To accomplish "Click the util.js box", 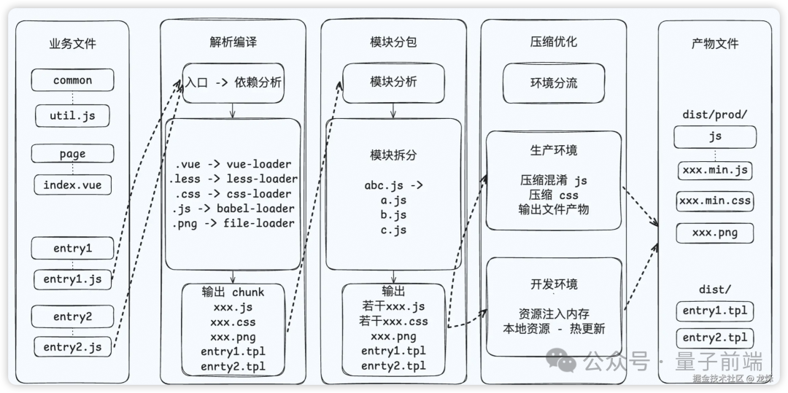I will click(72, 115).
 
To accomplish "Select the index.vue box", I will click(72, 184).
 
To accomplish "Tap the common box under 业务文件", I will click(72, 80).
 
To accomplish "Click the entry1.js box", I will click(72, 279).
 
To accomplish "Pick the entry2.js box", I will click(72, 346).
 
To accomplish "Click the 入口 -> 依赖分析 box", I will click(232, 83).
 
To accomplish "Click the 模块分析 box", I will click(393, 82).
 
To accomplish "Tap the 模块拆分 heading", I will click(393, 155).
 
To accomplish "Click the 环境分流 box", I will click(554, 83).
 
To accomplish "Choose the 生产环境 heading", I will click(554, 150).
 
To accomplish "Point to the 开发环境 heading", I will click(554, 284).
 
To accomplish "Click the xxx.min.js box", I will click(714, 171).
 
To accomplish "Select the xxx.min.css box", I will click(714, 201).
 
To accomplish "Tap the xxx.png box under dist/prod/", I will click(714, 233).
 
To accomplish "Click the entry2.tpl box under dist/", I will click(714, 338).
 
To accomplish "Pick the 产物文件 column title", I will click(714, 44).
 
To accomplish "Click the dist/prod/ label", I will click(714, 114).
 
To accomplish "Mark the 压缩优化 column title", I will click(553, 42).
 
